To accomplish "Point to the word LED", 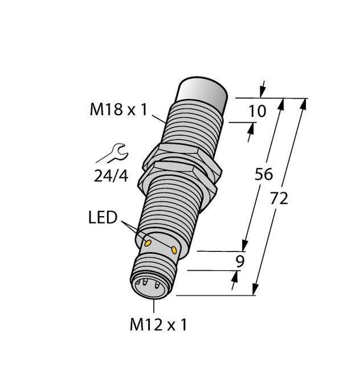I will [x=103, y=218].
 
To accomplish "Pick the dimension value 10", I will [x=257, y=111].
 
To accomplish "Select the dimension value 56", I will [x=264, y=174].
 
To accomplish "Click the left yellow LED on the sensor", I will [x=148, y=243].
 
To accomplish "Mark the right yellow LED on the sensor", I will [x=174, y=249].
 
